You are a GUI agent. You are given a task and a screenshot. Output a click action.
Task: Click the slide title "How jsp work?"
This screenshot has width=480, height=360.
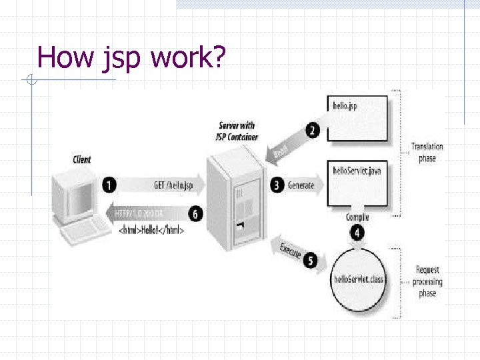pos(132,57)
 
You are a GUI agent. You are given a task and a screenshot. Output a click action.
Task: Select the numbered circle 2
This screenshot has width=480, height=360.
pos(313,130)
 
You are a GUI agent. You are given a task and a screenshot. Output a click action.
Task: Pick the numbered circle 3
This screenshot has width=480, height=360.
pos(278,185)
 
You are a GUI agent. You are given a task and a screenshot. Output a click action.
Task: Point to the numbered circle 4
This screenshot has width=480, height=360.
pos(358,233)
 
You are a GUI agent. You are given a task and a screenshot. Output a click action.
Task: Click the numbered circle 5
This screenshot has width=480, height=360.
pos(309,260)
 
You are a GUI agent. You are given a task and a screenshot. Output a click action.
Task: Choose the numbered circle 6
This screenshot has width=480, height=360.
pos(195,214)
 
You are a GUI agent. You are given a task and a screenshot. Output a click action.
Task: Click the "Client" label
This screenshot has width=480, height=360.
pos(82,160)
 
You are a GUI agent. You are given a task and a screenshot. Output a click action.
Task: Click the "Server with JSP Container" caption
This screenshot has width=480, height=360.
pos(237,131)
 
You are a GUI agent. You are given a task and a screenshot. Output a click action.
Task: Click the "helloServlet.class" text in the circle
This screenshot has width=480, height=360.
pos(358,279)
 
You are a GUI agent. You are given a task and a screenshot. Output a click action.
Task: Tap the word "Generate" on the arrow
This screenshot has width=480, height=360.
pos(301,185)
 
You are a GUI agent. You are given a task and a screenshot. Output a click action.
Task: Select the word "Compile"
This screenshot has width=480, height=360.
pos(357,217)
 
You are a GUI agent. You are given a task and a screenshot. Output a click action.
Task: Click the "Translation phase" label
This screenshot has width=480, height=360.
pos(427,152)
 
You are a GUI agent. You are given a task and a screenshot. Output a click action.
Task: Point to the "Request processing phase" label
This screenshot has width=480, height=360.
pos(427,281)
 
